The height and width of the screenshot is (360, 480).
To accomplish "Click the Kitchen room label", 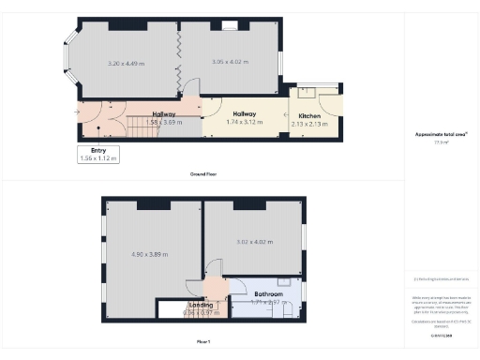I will click(309, 115).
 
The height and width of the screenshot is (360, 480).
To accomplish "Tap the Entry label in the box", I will click(98, 150).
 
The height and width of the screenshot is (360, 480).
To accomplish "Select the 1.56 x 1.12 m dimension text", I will click(98, 158).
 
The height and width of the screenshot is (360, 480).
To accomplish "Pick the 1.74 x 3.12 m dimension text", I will click(246, 122).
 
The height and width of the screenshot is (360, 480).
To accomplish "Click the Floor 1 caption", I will click(203, 340).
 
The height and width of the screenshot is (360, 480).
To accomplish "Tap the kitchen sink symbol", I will click(306, 93).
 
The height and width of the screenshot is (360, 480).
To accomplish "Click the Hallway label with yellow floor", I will click(246, 113).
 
